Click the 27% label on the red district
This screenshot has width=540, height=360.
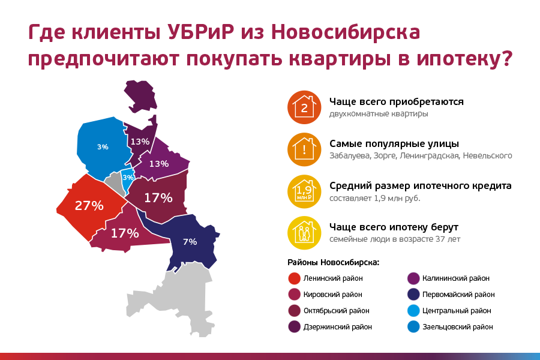click(89, 206)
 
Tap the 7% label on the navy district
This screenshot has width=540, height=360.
click(190, 242)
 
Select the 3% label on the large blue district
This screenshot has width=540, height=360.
click(103, 147)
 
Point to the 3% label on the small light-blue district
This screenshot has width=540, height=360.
click(128, 178)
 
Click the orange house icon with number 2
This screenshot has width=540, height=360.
click(304, 107)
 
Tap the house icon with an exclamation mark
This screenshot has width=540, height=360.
click(304, 149)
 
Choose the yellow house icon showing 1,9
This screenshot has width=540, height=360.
click(304, 191)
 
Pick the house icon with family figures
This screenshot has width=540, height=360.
click(304, 233)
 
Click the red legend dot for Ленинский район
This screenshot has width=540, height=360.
click(294, 278)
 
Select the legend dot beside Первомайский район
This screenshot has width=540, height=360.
click(413, 295)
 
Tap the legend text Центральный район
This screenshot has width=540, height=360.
click(457, 311)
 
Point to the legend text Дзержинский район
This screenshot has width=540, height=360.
click(337, 327)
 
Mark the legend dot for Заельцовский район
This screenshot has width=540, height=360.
click(413, 327)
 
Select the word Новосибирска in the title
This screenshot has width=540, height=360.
click(346, 32)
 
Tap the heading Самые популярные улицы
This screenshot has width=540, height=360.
click(394, 143)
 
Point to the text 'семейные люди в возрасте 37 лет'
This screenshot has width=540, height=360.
click(395, 239)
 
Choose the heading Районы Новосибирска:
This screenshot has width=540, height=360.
click(334, 263)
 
